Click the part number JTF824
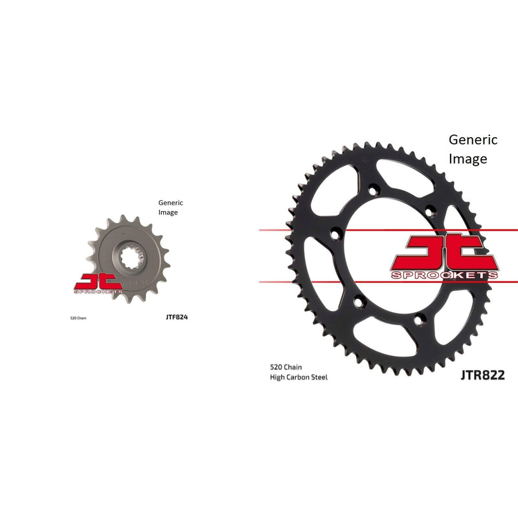pyautogui.click(x=177, y=318)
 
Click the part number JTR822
pyautogui.click(x=482, y=374)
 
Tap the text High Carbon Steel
pyautogui.click(x=298, y=377)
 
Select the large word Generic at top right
pyautogui.click(x=473, y=139)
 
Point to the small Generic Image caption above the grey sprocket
pyautogui.click(x=171, y=207)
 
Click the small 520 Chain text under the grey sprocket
pyautogui.click(x=78, y=319)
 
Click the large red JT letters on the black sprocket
pyautogui.click(x=445, y=253)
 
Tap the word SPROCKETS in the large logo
pyautogui.click(x=445, y=275)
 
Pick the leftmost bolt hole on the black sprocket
pyautogui.click(x=333, y=235)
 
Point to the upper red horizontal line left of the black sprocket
pyautogui.click(x=272, y=230)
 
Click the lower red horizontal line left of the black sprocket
pyautogui.click(x=272, y=282)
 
